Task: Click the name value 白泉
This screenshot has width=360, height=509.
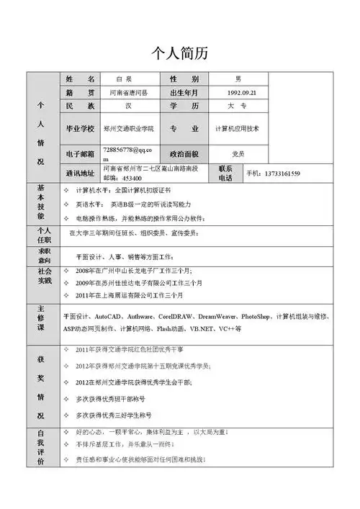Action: (124, 78)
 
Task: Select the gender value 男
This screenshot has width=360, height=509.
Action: (238, 78)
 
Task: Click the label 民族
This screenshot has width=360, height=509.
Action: (79, 106)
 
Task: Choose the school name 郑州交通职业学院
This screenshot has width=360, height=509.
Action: (129, 129)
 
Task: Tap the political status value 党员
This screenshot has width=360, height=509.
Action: (238, 154)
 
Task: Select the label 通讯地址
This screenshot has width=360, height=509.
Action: (79, 174)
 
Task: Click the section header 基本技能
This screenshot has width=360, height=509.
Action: (40, 202)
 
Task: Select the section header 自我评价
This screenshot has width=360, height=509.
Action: (40, 446)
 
